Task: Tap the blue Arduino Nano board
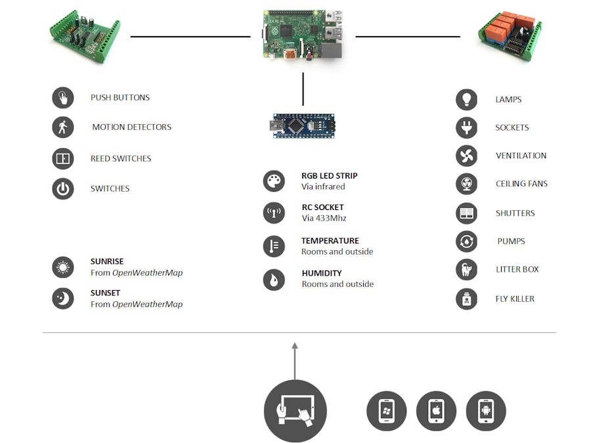[x=303, y=125]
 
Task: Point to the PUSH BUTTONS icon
[x=63, y=98]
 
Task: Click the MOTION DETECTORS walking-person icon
[x=63, y=127]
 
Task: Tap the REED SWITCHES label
[x=121, y=159]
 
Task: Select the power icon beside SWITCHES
[x=63, y=189]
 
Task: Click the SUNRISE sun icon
[x=63, y=267]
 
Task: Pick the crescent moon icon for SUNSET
[x=63, y=299]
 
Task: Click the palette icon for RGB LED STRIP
[x=274, y=181]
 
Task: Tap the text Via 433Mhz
[x=324, y=219]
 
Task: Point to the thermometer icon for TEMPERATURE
[x=274, y=246]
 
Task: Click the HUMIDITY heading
[x=322, y=273]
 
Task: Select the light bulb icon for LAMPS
[x=467, y=100]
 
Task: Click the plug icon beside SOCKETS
[x=467, y=128]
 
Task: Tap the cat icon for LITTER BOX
[x=467, y=270]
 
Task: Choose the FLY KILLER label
[x=515, y=299]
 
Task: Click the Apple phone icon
[x=437, y=411]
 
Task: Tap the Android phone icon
[x=486, y=411]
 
